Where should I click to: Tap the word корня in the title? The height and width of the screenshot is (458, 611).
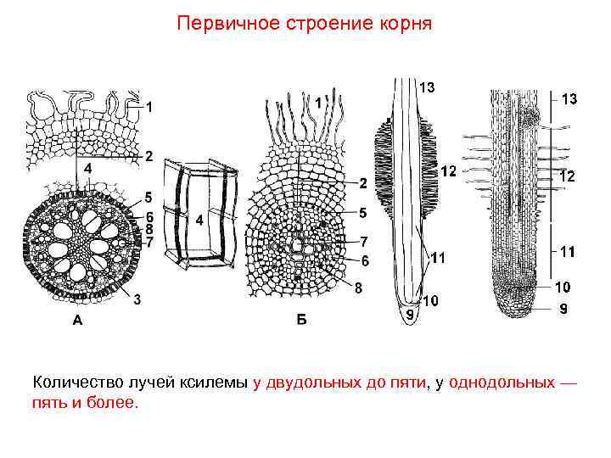tap(402, 23)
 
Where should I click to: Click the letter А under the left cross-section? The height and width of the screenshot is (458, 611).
tap(78, 321)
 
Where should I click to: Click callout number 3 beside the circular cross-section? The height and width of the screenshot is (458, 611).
tap(137, 298)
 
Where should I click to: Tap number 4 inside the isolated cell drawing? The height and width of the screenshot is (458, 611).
tap(199, 220)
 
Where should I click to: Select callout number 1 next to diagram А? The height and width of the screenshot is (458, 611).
tap(149, 107)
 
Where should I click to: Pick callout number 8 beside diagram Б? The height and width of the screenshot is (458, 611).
tap(358, 288)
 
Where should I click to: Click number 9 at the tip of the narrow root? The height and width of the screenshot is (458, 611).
tap(409, 315)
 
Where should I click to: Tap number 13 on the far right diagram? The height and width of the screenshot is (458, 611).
tap(569, 99)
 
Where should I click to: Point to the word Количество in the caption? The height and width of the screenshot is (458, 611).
tap(80, 383)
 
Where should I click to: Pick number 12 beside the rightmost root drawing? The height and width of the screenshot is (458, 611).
tap(567, 177)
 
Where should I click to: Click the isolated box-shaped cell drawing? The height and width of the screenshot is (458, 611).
tap(203, 213)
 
